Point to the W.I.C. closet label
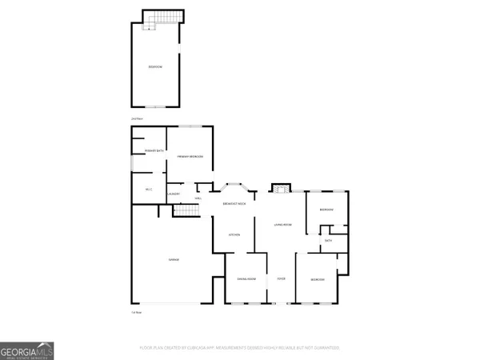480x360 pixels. click(x=149, y=189)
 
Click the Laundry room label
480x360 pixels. click(x=174, y=196)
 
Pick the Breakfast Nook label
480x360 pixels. click(x=234, y=205)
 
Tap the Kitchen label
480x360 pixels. click(x=234, y=235)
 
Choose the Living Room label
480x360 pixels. click(x=282, y=226)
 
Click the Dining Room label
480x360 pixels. click(x=246, y=278)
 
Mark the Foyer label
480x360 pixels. click(x=281, y=278)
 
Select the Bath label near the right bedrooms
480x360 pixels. click(x=329, y=240)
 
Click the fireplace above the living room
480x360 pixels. click(x=280, y=189)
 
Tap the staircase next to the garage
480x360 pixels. click(x=186, y=210)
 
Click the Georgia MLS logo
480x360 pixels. click(x=28, y=351)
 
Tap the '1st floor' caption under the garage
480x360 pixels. click(x=136, y=312)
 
